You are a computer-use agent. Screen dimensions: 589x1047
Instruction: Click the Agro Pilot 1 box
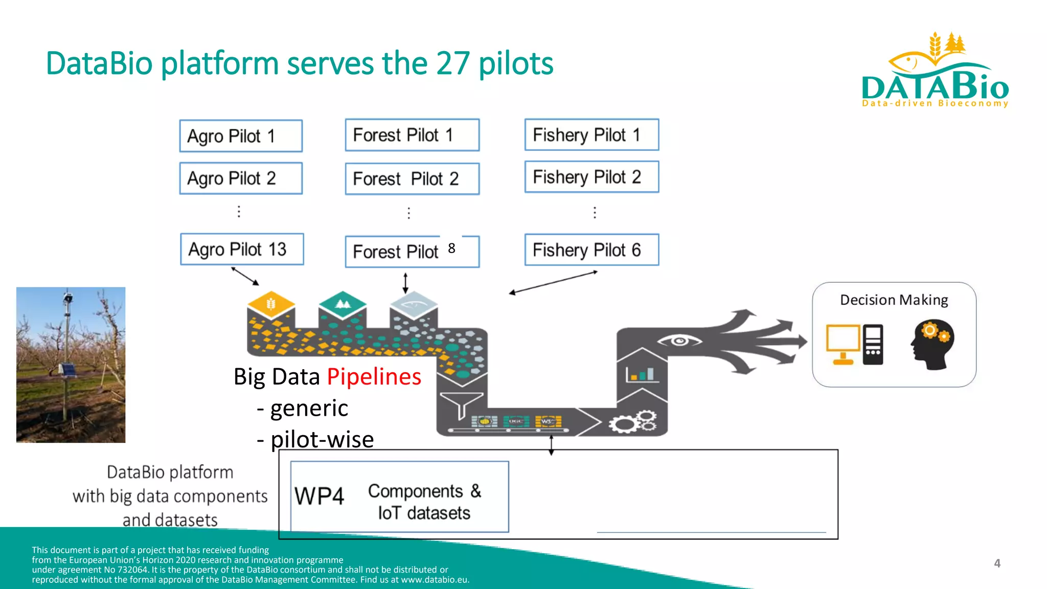pos(241,136)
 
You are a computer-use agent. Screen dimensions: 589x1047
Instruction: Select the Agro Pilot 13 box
pos(242,250)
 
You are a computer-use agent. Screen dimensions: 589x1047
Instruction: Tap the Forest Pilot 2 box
pos(412,179)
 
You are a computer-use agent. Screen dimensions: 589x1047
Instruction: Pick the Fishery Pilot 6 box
pos(591,250)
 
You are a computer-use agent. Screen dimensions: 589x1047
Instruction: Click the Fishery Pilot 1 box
pos(591,135)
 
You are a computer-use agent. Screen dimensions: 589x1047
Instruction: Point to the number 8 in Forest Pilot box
pos(451,248)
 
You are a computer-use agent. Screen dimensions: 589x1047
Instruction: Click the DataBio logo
pos(935,72)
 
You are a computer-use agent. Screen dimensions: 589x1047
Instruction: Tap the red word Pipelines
pos(374,377)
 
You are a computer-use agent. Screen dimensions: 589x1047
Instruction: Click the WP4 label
pos(320,496)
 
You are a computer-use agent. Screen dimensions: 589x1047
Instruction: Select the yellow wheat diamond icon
pos(271,304)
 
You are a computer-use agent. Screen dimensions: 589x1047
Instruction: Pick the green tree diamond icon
pos(343,304)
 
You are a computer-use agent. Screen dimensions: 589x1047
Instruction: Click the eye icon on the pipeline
pos(679,341)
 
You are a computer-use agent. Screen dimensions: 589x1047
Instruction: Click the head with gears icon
pos(932,344)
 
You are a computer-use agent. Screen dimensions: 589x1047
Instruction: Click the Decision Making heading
pos(894,300)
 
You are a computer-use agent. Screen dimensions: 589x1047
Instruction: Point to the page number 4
pos(997,563)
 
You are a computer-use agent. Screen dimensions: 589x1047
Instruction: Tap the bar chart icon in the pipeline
pos(640,375)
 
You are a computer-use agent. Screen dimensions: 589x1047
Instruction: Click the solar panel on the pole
pos(68,369)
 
